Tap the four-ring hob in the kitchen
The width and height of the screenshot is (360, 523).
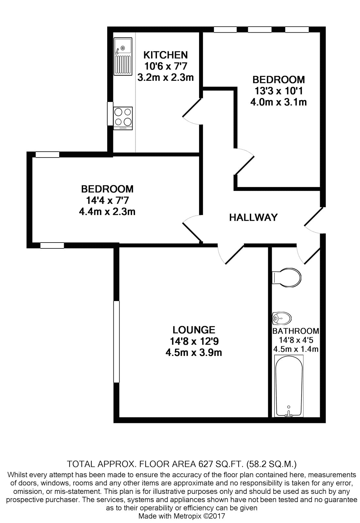[123, 118]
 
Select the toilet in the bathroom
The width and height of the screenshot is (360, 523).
[286, 278]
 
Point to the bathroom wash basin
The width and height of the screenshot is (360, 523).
[282, 318]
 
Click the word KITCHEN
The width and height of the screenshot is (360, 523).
[165, 55]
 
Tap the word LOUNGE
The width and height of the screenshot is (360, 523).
[194, 330]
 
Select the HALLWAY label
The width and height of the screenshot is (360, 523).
[253, 217]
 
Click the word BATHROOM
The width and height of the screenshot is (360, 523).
[296, 331]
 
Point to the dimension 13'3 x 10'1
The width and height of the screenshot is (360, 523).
[279, 91]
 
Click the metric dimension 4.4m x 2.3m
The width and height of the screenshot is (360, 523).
[107, 211]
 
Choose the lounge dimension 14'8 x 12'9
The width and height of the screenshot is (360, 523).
[194, 341]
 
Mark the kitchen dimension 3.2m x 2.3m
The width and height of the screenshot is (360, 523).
[165, 77]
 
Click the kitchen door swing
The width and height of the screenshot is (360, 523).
[192, 111]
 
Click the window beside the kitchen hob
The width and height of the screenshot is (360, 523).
[110, 113]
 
